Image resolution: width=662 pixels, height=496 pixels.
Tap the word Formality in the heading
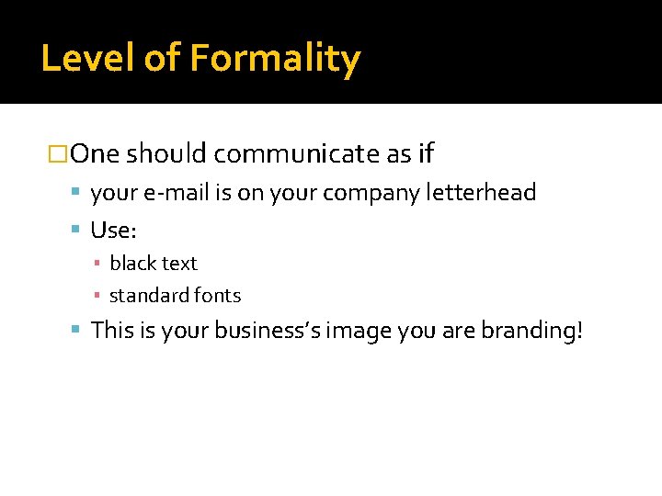point(275,59)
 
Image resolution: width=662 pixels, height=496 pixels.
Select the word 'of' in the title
point(161,59)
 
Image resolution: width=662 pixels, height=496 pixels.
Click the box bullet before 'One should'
point(58,154)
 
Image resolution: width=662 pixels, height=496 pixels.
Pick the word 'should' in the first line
point(166,154)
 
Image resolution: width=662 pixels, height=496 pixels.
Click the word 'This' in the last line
point(113,330)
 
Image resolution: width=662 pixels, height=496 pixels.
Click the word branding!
point(532,330)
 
